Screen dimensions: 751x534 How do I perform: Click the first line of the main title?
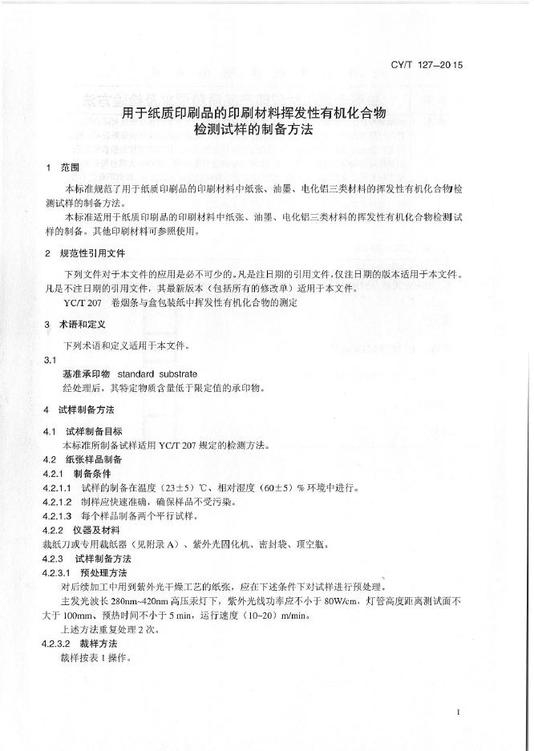point(254,113)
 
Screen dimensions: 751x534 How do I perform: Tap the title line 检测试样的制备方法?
point(254,128)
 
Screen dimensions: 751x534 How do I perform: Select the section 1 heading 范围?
point(70,168)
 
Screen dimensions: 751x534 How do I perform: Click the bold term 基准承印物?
point(86,374)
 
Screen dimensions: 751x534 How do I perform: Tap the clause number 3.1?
point(49,361)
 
